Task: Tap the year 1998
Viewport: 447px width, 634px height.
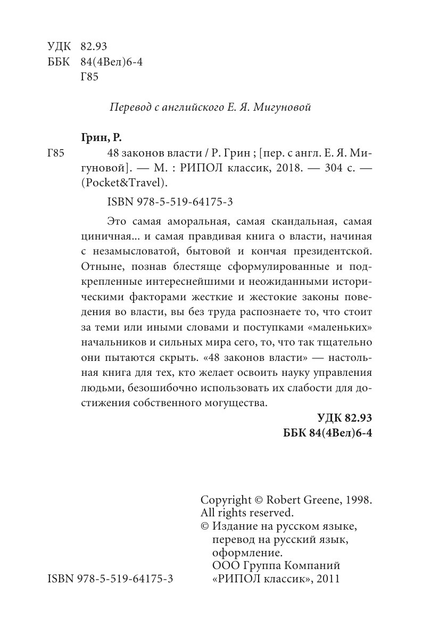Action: tap(358, 500)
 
